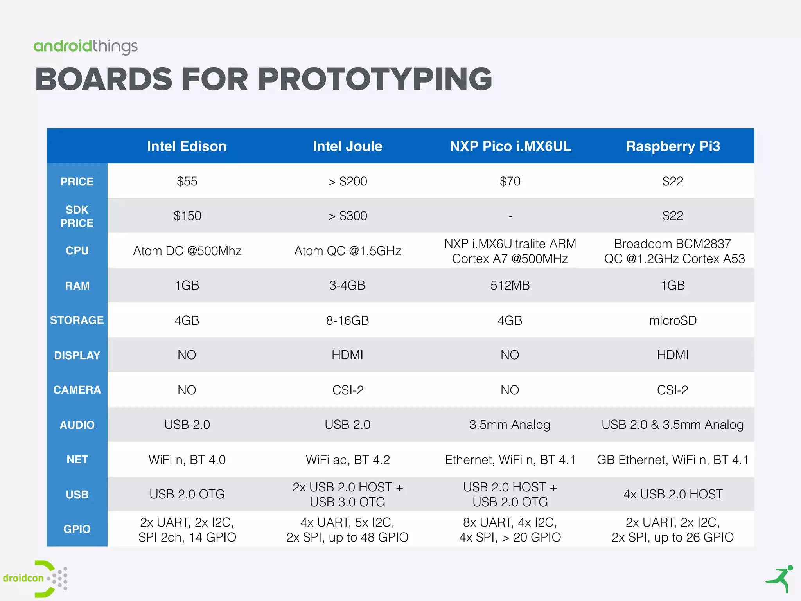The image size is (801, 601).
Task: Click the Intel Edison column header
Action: point(187,146)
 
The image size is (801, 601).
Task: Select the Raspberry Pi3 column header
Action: point(673,146)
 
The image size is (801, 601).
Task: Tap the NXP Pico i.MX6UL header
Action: point(510,146)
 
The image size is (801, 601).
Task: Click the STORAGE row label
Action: point(77,320)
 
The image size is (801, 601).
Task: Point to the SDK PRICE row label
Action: point(77,216)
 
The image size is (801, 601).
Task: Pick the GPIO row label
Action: point(77,529)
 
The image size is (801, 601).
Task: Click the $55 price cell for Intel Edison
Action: point(187,181)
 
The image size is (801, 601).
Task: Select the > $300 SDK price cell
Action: point(348,216)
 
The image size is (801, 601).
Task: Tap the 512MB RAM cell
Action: point(510,285)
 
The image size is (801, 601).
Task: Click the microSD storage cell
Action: point(673,320)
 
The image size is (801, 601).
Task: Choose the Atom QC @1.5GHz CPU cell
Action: point(348,251)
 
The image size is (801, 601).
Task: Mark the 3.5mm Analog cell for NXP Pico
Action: point(510,425)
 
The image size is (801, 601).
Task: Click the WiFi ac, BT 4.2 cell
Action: point(348,460)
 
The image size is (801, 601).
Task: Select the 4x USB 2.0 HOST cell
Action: point(673,494)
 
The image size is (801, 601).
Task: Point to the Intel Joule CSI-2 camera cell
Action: point(348,390)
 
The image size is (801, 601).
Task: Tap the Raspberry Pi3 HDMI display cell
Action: point(673,355)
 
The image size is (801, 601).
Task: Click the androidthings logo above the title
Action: point(86,47)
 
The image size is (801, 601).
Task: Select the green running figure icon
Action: point(779,579)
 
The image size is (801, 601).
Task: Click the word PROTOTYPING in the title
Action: point(374,79)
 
